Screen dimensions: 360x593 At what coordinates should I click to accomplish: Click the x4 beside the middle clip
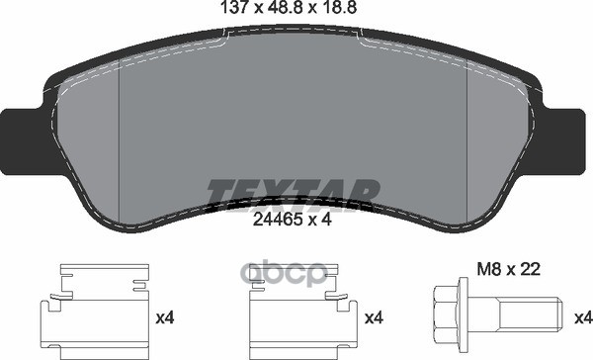click(x=375, y=319)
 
